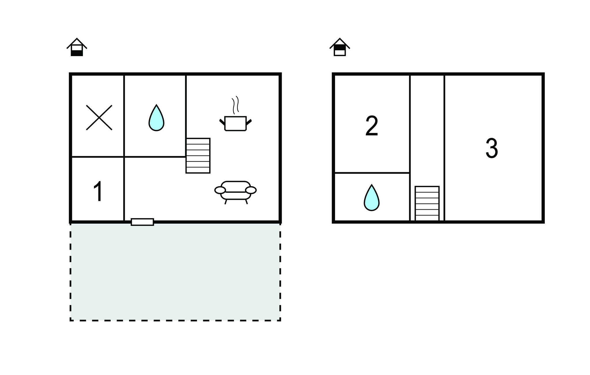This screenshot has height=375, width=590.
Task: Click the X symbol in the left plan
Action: [x=99, y=117]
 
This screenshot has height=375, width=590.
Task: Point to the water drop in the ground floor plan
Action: [x=156, y=118]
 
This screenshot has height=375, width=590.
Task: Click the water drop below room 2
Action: [x=372, y=198]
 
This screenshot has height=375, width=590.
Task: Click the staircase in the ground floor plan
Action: [x=198, y=156]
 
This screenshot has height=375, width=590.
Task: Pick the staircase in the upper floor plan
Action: [x=427, y=203]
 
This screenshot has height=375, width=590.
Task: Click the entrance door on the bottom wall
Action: [x=142, y=222]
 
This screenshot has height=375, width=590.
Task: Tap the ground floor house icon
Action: [x=77, y=47]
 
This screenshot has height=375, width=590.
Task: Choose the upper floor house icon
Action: [x=340, y=47]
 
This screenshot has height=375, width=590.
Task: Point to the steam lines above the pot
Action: [x=235, y=105]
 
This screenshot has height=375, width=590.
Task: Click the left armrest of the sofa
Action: [x=220, y=190]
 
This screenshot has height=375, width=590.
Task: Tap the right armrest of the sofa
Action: [x=251, y=190]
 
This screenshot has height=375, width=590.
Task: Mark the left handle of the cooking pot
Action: [x=222, y=122]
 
